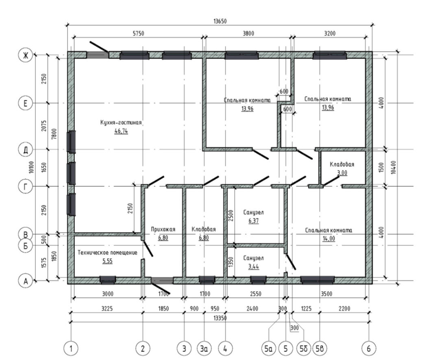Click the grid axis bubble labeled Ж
point(25,56)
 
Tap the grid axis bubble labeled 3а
point(204,349)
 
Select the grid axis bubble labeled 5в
point(320,349)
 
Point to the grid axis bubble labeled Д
point(25,150)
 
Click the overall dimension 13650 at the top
point(220,21)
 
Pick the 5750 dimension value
point(138,33)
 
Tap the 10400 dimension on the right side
point(394,167)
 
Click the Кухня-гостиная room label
point(121,122)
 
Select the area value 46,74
point(121,131)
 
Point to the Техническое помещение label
point(107,253)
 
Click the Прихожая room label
point(163,229)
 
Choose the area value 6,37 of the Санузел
point(254,221)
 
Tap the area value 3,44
point(254,266)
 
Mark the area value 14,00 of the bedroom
point(329,239)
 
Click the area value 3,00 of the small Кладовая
point(342,173)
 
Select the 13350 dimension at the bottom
point(220,318)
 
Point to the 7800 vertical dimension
point(54,134)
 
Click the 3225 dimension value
point(107,308)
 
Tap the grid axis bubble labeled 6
point(369,349)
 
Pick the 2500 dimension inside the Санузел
point(231,216)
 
